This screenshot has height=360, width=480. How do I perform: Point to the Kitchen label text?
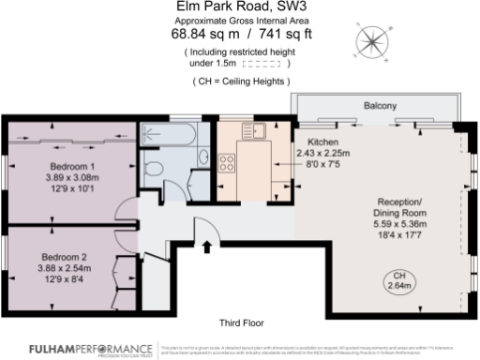tap(310, 142)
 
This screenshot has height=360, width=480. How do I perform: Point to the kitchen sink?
tap(249, 130)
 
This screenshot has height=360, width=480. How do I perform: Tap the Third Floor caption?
tap(240, 322)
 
